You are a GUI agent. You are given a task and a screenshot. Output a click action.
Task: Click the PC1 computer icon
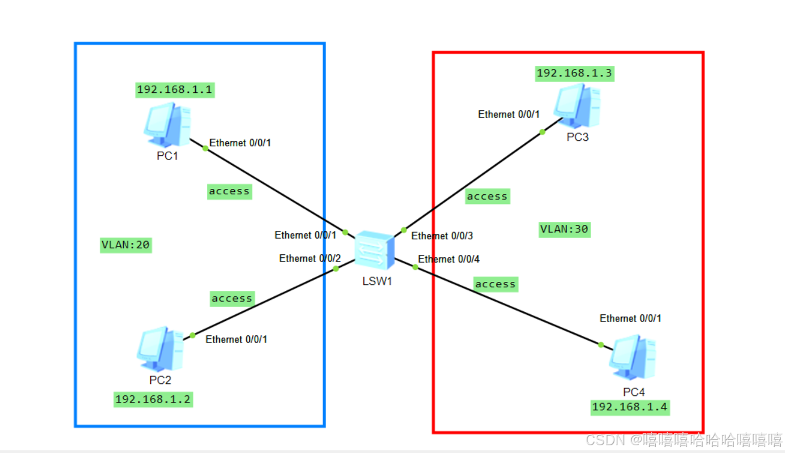pos(167,125)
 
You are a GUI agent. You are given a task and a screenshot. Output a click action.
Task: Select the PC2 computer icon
pos(160,349)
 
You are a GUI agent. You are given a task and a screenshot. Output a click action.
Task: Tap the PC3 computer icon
pos(576,106)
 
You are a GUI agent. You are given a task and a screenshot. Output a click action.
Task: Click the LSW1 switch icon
pos(374,250)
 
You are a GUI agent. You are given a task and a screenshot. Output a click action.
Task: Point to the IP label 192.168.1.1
pos(175,90)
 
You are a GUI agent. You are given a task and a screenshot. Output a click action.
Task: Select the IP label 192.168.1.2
pos(153,400)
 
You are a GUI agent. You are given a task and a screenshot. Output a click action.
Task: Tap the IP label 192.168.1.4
pos(630,407)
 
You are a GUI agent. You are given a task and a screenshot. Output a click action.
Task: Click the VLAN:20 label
pos(126,245)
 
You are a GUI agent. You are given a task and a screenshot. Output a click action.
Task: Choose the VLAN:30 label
pos(565,229)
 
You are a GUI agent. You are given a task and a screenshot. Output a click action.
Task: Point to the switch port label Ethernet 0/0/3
pos(442,236)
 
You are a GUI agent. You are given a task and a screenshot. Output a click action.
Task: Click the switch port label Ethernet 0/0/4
pos(449,259)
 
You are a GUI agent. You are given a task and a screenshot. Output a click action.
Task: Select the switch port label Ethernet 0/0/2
pos(310,259)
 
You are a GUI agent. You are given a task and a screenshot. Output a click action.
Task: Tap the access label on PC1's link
pos(229,191)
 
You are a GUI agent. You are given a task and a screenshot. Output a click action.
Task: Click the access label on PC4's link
pos(496,284)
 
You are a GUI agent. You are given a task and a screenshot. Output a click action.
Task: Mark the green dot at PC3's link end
pos(542,132)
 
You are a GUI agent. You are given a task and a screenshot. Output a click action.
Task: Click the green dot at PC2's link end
pos(192,335)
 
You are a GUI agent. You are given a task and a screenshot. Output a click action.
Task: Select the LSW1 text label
pos(377,281)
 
